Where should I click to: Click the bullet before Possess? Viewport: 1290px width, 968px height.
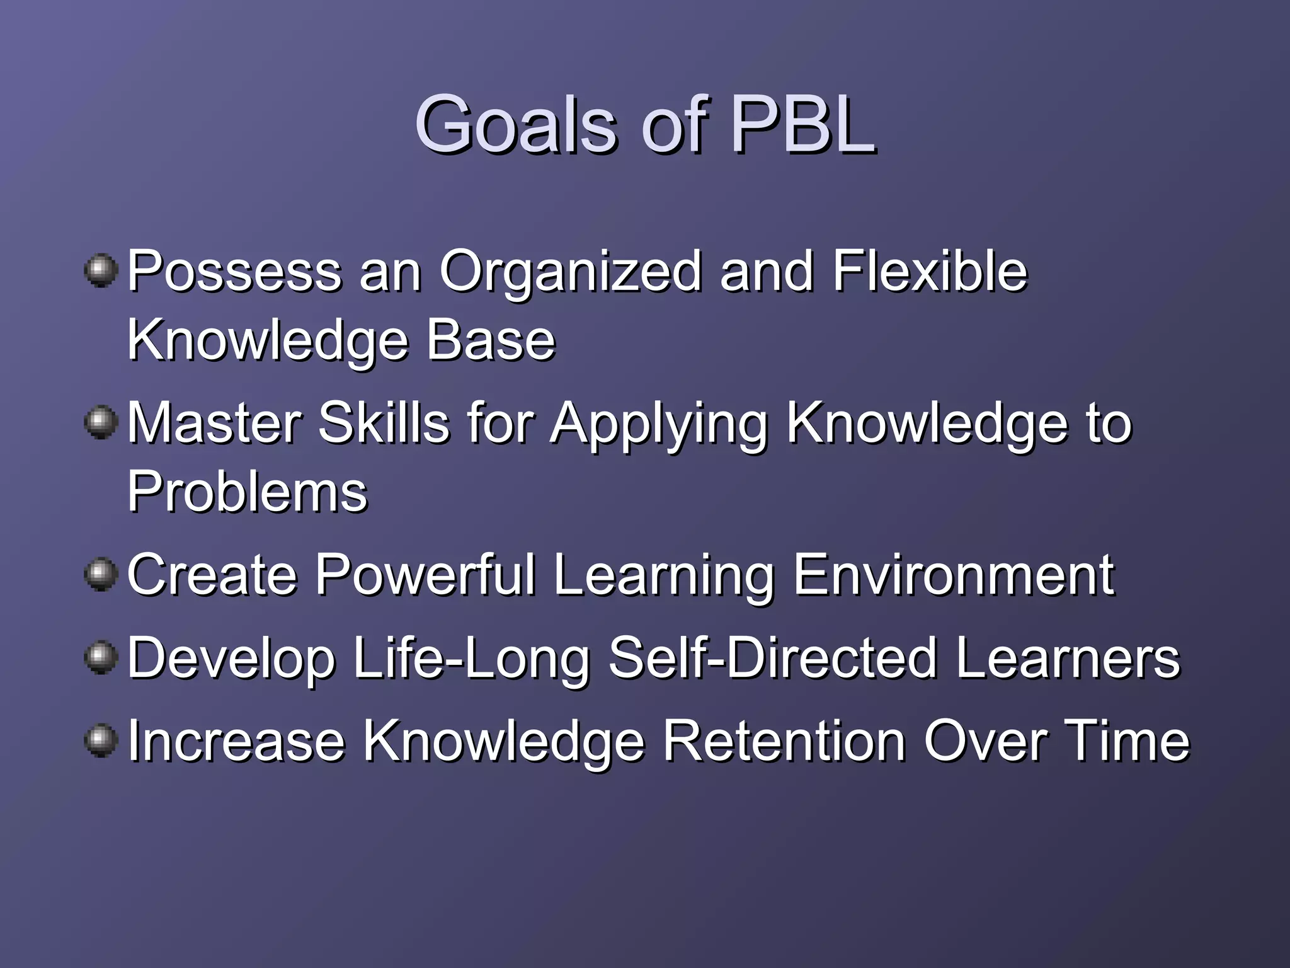101,271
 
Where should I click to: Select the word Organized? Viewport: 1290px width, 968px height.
570,272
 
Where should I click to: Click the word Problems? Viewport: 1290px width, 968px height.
247,492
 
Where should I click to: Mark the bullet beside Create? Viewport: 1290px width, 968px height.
101,574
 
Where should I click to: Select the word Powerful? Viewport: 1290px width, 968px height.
425,574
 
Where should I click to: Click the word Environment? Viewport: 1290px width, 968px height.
953,574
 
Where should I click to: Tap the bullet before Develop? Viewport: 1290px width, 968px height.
101,658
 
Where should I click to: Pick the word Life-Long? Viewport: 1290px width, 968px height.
472,659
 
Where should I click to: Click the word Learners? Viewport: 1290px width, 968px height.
1067,658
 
